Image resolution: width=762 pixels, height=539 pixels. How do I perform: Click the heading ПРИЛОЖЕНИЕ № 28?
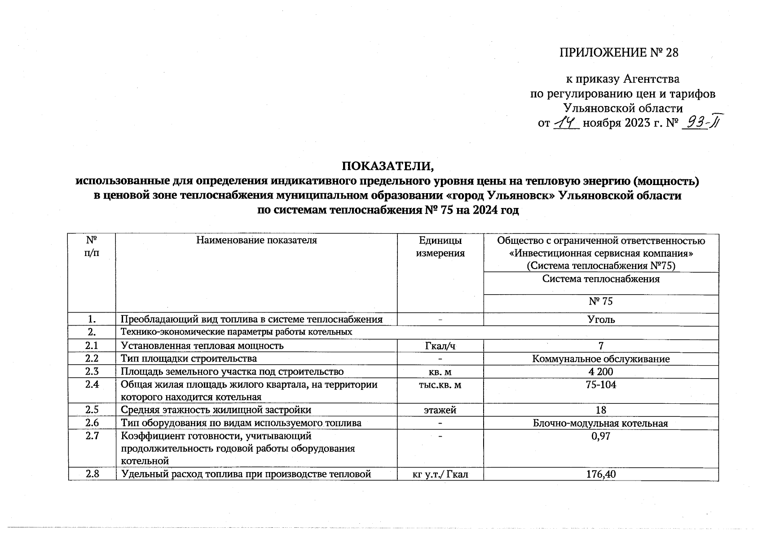point(618,53)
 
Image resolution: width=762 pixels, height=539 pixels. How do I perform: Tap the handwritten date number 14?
point(567,122)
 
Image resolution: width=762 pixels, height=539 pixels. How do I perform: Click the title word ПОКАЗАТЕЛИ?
point(388,166)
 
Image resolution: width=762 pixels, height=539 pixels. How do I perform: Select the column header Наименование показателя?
point(256,240)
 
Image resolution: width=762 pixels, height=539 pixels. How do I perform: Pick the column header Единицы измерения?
point(440,247)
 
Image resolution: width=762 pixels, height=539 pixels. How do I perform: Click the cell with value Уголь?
point(601,320)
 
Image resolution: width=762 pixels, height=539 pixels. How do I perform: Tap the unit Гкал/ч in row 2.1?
point(440,346)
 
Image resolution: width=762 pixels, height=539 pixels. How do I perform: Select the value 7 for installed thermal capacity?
point(601,346)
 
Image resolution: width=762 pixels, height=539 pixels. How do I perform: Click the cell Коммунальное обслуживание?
point(601,359)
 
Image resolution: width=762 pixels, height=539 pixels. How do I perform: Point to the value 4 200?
point(601,371)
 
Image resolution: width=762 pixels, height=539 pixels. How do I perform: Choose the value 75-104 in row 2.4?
point(601,385)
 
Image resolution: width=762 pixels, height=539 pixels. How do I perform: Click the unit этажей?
point(440,410)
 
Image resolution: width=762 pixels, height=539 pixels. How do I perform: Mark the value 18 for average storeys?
point(601,410)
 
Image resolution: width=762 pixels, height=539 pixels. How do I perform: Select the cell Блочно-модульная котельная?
point(601,423)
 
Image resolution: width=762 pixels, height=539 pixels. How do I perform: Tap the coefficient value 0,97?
point(601,436)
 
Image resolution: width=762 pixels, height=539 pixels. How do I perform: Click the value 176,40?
point(601,474)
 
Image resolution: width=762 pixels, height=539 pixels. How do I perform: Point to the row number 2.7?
point(92,436)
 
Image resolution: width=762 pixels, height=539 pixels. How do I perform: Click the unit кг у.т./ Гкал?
point(440,474)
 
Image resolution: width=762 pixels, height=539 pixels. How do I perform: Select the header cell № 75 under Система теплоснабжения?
point(601,301)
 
